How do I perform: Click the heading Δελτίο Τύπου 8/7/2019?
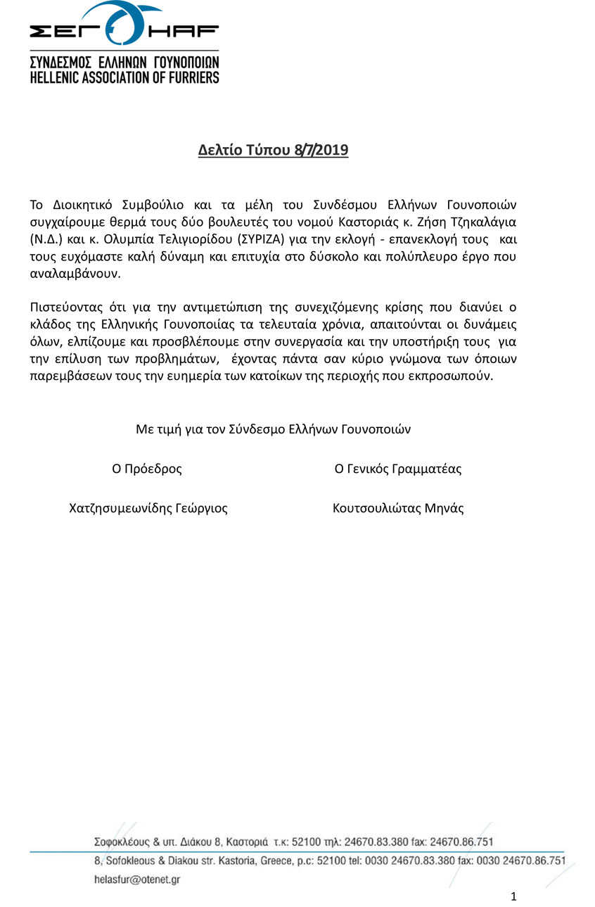click(x=273, y=150)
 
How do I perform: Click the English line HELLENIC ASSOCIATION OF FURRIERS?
click(x=124, y=77)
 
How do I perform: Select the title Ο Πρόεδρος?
click(x=147, y=469)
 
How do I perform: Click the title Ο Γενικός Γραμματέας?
click(x=398, y=469)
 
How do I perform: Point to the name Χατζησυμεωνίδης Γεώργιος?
click(x=148, y=508)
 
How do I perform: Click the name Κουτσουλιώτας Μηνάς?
click(x=398, y=508)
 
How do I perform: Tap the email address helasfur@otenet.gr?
click(x=137, y=880)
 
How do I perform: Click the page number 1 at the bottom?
click(x=513, y=896)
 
